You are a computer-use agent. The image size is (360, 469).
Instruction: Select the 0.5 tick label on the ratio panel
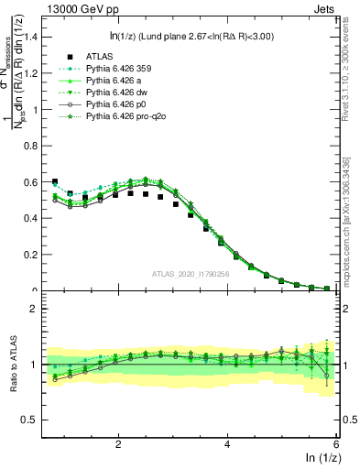pos(31,420)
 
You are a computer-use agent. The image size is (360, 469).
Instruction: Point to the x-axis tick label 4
pos(227,443)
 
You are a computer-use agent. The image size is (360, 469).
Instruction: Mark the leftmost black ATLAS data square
pos(55,181)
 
